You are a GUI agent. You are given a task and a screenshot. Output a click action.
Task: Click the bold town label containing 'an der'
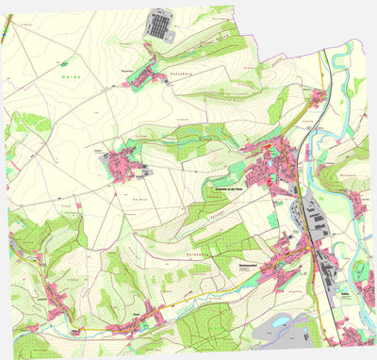click(x=225, y=188)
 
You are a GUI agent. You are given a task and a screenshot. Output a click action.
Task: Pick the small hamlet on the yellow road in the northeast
click(x=316, y=97)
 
